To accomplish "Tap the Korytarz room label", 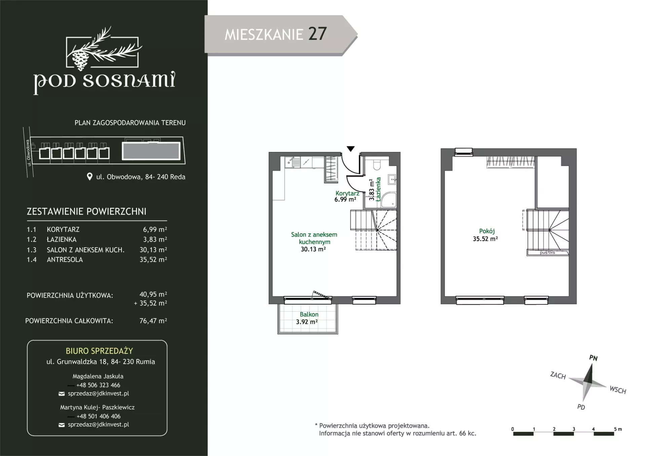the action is tap(347, 193).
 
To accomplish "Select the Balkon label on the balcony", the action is tap(309, 314).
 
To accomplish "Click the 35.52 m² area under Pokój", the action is tap(485, 239).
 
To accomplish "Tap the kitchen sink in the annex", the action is tap(292, 162).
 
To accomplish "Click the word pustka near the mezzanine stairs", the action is tap(547, 253).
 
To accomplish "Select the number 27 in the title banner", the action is tap(317, 34).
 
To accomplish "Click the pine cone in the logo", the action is tap(80, 60).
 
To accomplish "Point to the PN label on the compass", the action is tap(593, 358).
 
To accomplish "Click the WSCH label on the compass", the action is tap(618, 390).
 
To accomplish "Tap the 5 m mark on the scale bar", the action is tap(618, 429).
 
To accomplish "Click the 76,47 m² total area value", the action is tap(153, 321).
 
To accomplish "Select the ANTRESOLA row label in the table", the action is tap(65, 260).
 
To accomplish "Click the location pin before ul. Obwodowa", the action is tap(89, 177).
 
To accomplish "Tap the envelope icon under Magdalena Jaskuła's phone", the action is tap(62, 394).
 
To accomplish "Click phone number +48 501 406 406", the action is tap(98, 416).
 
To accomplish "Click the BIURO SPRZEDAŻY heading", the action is tap(99, 351).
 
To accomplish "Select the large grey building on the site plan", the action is tap(151, 151).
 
